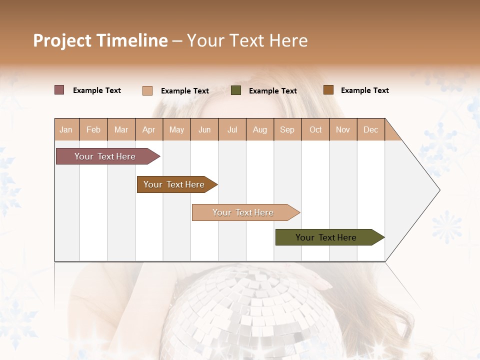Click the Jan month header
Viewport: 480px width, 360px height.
pyautogui.click(x=66, y=129)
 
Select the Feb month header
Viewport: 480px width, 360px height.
pyautogui.click(x=93, y=129)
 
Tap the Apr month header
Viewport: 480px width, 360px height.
pyautogui.click(x=149, y=129)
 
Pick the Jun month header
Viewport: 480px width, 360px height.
pyautogui.click(x=204, y=129)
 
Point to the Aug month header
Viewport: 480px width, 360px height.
pyautogui.click(x=260, y=129)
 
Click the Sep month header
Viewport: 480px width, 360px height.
pyautogui.click(x=287, y=129)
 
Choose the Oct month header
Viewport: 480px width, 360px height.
pyautogui.click(x=315, y=129)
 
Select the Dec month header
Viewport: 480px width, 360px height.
pyautogui.click(x=371, y=129)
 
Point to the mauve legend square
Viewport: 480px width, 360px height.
pyautogui.click(x=59, y=90)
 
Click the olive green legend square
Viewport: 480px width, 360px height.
pyautogui.click(x=236, y=90)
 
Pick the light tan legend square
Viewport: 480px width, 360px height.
pyautogui.click(x=147, y=90)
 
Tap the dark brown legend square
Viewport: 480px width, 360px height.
pyautogui.click(x=328, y=90)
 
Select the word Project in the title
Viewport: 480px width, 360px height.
pyautogui.click(x=62, y=40)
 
